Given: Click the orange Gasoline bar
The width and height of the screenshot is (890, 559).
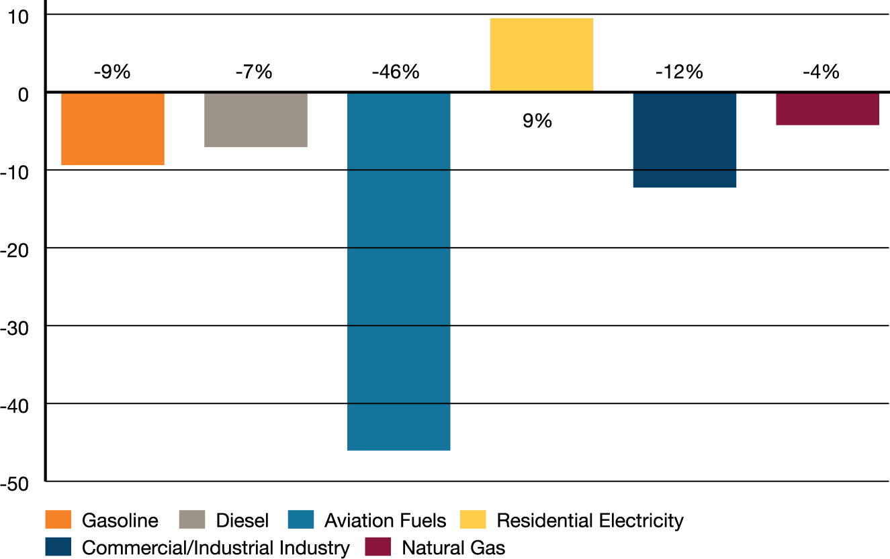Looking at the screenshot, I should coord(113,129).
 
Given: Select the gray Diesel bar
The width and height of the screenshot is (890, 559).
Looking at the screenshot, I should coord(256,119).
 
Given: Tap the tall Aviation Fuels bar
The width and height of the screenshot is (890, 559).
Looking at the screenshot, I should coord(398,271).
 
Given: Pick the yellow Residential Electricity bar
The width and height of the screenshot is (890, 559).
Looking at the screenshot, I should coord(541,55).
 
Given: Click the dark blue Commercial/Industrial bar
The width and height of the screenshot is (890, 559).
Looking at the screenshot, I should coord(684,140).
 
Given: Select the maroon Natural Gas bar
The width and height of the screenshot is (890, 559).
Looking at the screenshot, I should coord(828,109).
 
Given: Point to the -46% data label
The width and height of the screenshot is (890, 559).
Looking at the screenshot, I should coord(396,72).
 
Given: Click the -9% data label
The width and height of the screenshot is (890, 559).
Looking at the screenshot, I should coord(112,72).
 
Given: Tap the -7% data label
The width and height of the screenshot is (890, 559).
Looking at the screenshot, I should coord(254,72).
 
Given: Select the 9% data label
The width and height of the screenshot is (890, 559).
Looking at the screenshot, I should coord(537,121).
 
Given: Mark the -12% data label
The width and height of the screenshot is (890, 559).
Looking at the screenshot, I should coord(679,72).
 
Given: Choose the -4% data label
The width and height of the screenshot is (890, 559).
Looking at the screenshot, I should coord(821,72).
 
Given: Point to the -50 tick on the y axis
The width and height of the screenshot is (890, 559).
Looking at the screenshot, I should coord(15,485).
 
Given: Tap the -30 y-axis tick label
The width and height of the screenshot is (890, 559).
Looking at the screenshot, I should coord(15,329).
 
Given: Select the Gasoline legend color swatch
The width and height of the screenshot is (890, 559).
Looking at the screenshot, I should coord(58,520).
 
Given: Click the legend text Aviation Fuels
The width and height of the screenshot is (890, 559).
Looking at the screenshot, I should coord(385,521).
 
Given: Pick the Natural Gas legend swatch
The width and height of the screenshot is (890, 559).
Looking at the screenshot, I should coord(377,547).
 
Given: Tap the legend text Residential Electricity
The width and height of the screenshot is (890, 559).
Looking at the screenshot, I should coord(590,521).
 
